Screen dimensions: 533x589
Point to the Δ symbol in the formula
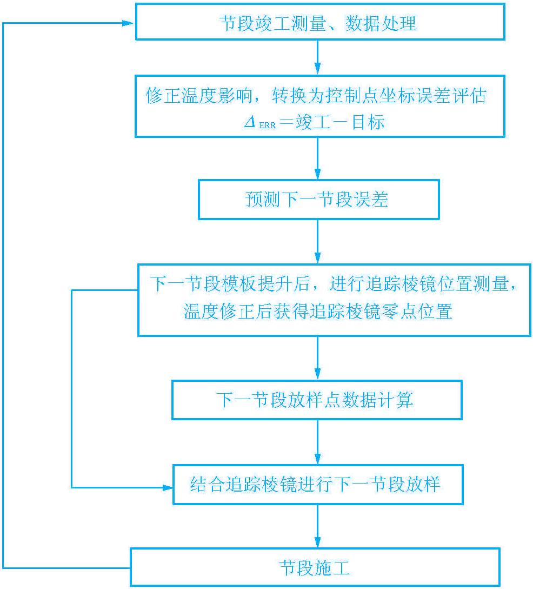(x=250, y=122)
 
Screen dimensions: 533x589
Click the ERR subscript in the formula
(x=267, y=125)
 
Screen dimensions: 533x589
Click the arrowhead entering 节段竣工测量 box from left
(x=128, y=23)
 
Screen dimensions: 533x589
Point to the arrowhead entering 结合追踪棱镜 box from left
(x=167, y=487)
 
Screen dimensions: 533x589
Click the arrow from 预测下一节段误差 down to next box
(x=317, y=242)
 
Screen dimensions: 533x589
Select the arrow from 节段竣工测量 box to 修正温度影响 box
(x=317, y=57)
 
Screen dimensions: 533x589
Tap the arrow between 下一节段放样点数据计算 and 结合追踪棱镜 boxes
(x=317, y=442)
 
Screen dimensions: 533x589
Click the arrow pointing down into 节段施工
(x=317, y=526)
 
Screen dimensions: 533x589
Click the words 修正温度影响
(x=199, y=95)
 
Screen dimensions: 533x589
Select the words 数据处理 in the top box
(x=381, y=23)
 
